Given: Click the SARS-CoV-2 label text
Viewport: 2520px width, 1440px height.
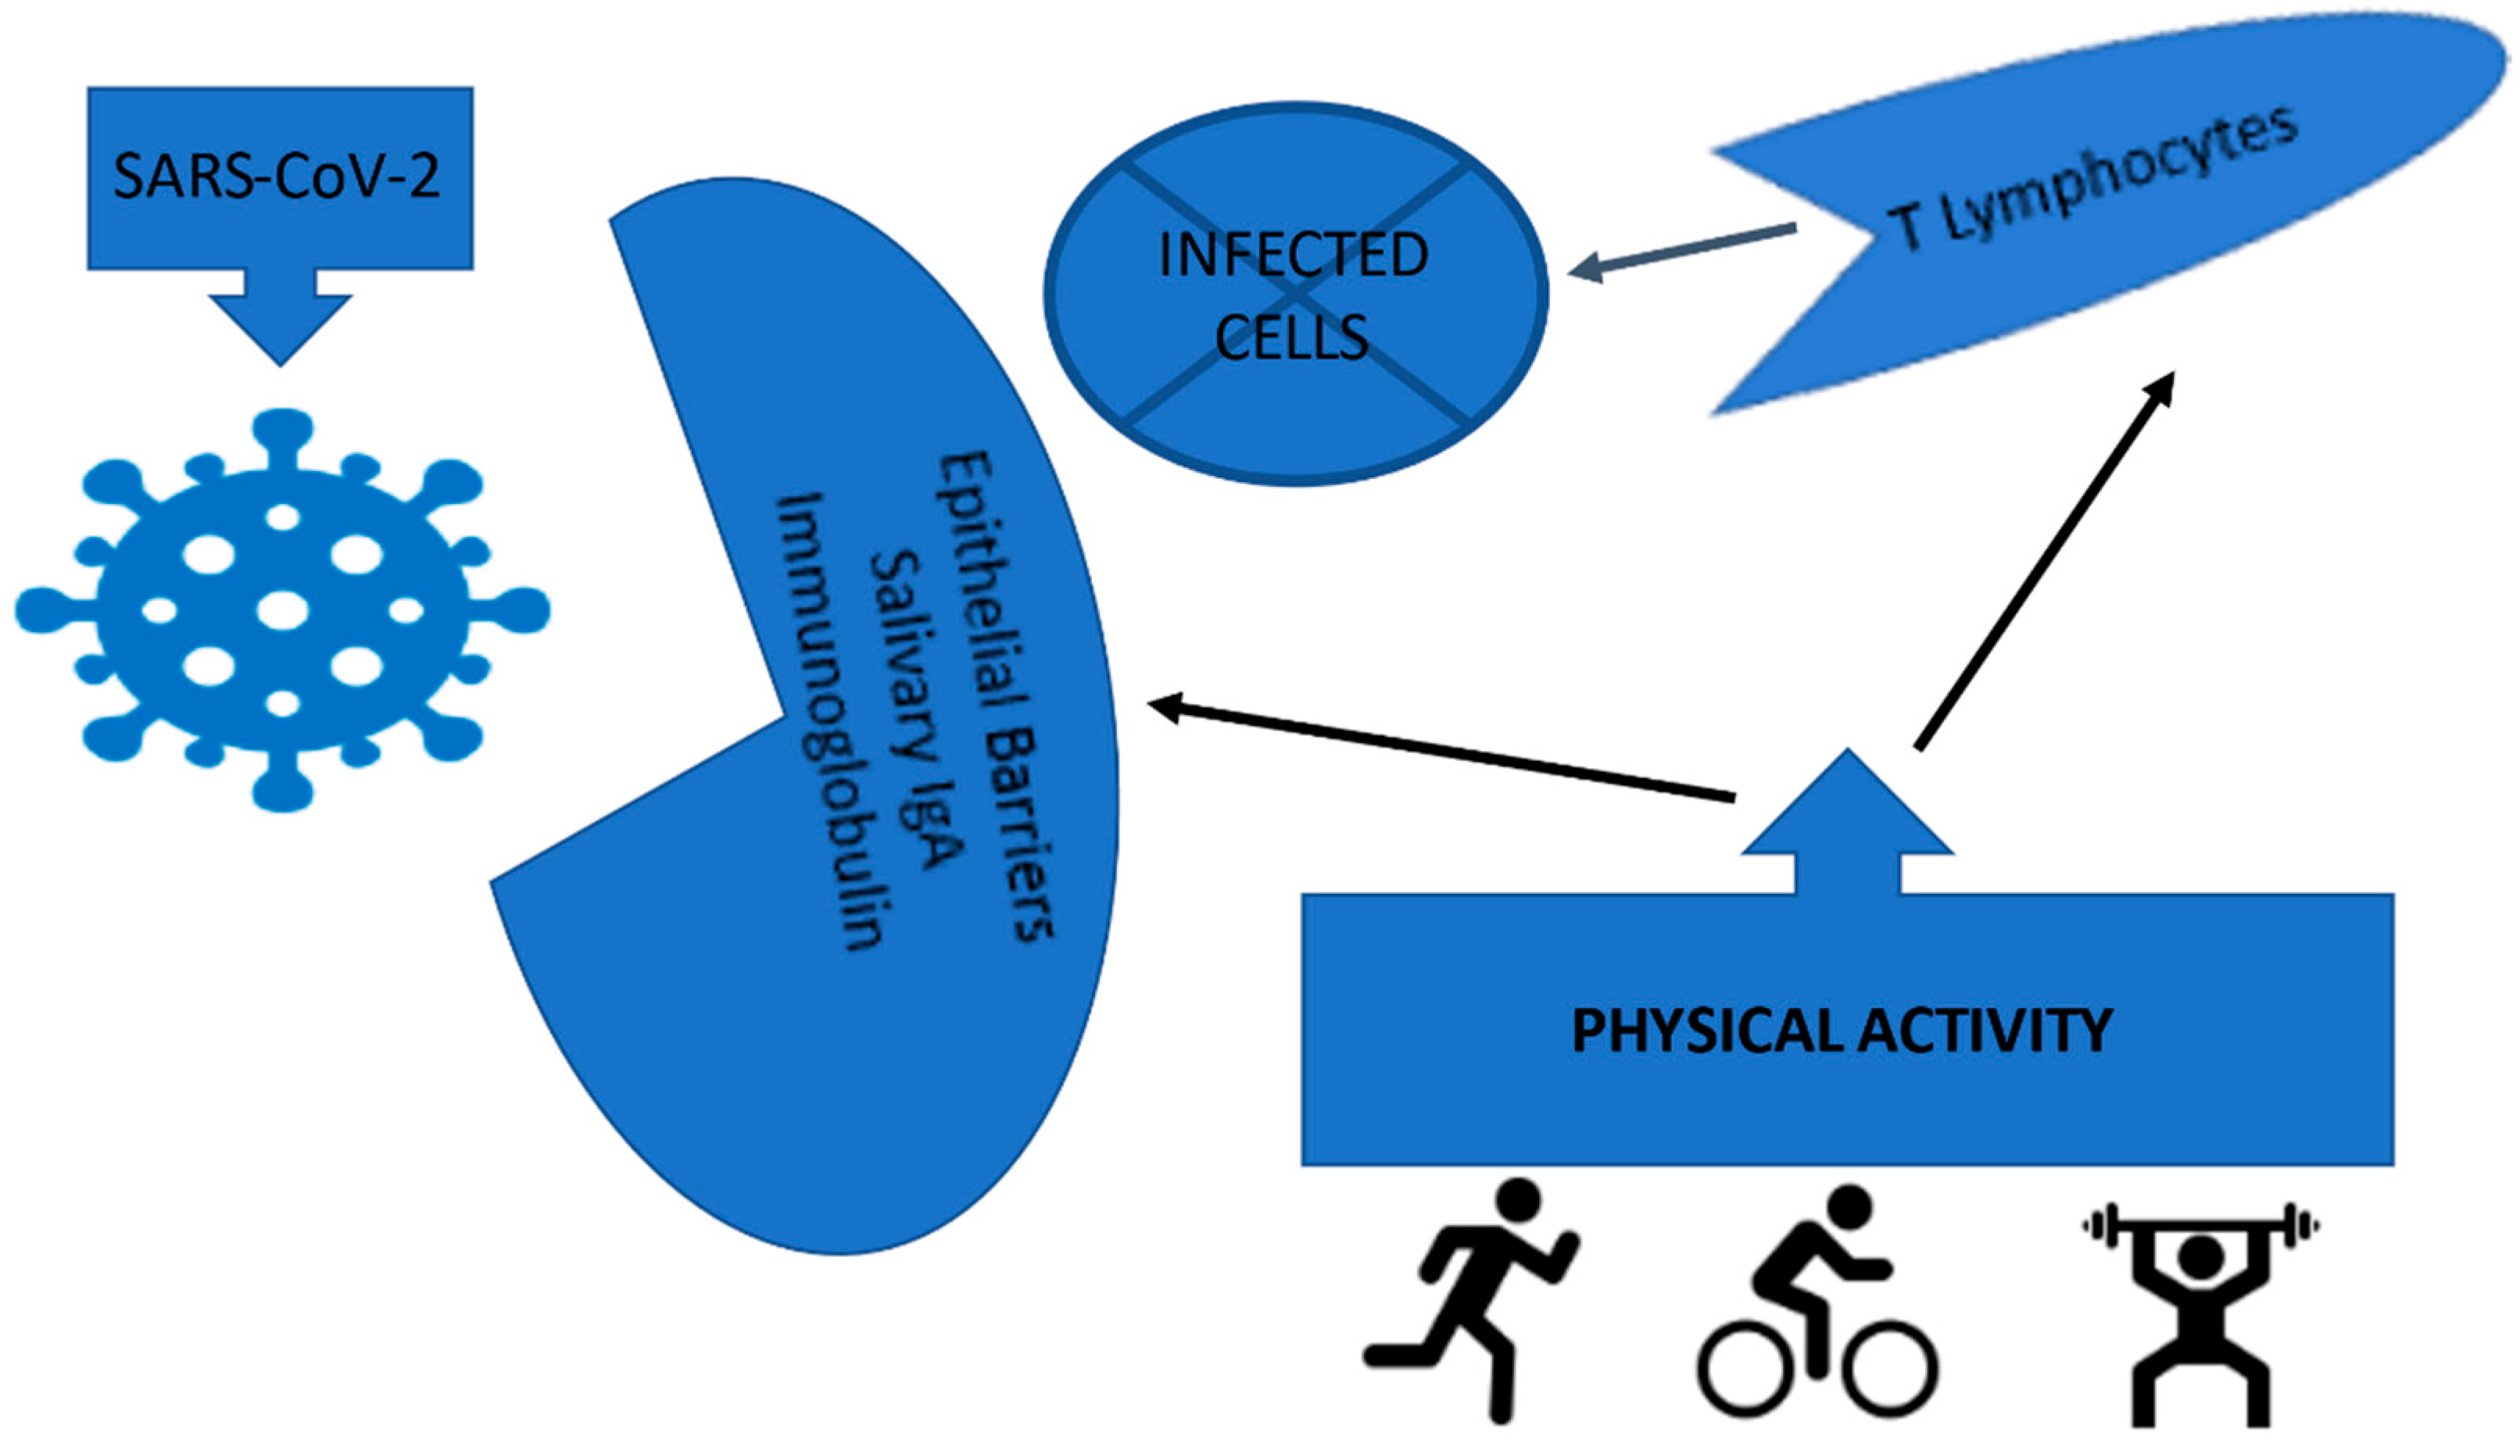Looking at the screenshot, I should (x=277, y=176).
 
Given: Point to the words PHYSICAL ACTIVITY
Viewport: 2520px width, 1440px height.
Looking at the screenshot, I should (x=1842, y=1030).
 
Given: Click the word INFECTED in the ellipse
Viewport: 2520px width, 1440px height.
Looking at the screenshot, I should (x=1293, y=255).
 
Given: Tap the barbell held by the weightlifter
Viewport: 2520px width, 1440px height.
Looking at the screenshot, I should (x=2200, y=1227).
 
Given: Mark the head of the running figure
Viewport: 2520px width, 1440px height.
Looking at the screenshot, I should (x=1518, y=1202).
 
